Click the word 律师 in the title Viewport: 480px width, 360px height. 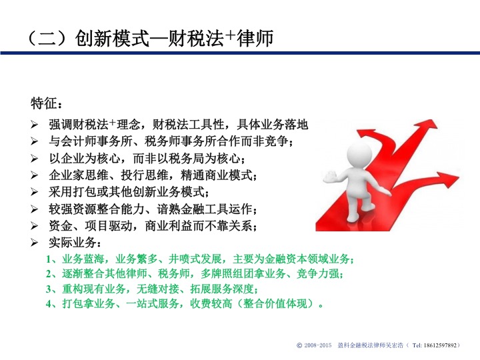click(x=255, y=38)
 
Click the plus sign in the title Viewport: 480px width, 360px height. click(x=231, y=35)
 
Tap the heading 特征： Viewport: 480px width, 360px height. click(x=47, y=103)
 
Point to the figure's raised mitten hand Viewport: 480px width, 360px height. click(x=330, y=177)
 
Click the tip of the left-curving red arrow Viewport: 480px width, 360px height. click(x=357, y=133)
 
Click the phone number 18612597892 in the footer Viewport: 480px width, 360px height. click(x=440, y=345)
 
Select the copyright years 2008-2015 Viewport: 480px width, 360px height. click(x=318, y=345)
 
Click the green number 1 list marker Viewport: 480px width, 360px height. click(x=49, y=259)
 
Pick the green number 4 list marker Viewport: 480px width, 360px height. click(x=49, y=304)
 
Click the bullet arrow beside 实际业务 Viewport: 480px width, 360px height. click(x=34, y=243)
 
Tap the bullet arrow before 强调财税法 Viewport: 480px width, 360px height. click(x=34, y=125)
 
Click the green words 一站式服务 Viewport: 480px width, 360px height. click(x=152, y=304)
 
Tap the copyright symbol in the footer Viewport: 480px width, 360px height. click(x=299, y=345)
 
